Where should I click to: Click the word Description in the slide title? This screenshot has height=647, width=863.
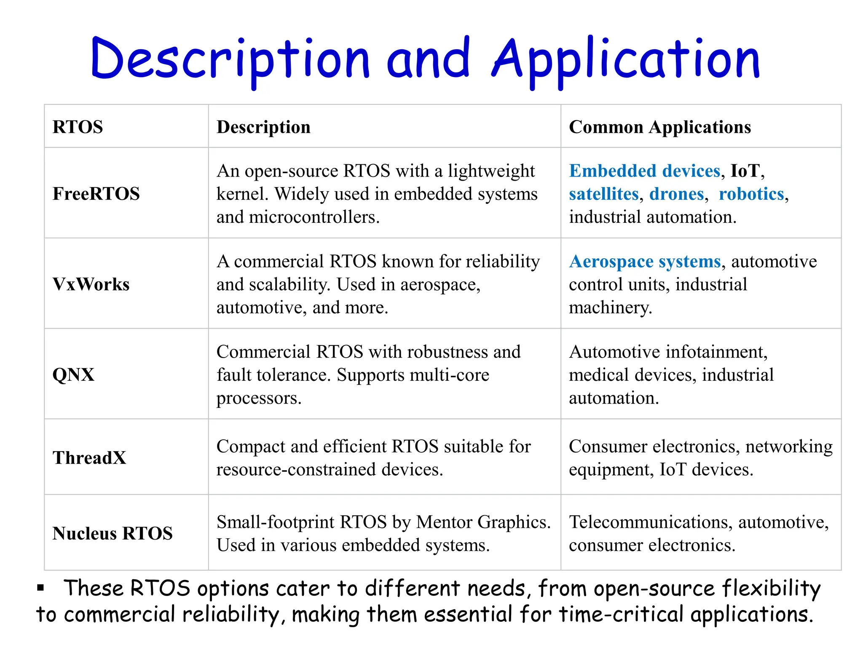coord(230,59)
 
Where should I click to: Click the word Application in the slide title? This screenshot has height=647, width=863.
coord(626,59)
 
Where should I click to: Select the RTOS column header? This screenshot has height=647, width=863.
coord(78,127)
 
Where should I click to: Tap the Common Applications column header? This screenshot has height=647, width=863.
coord(660,127)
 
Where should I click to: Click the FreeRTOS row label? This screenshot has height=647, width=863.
coord(96,194)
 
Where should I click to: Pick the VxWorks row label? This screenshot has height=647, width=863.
coord(91,284)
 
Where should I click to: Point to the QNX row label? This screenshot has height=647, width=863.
coord(73,374)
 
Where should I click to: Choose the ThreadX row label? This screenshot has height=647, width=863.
coord(89,457)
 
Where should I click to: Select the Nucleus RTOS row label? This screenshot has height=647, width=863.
coord(113,533)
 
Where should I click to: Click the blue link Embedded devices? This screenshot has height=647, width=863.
coord(644,171)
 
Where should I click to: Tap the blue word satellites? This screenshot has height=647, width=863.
coord(604,194)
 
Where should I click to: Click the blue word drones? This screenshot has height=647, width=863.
coord(676,194)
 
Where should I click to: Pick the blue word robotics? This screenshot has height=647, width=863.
coord(751,194)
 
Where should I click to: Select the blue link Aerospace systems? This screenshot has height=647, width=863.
coord(645,262)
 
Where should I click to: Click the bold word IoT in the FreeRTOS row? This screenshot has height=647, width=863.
coord(745,171)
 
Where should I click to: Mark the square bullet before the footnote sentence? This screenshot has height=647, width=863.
coord(40,588)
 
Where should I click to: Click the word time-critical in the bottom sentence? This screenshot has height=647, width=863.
coord(622,614)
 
